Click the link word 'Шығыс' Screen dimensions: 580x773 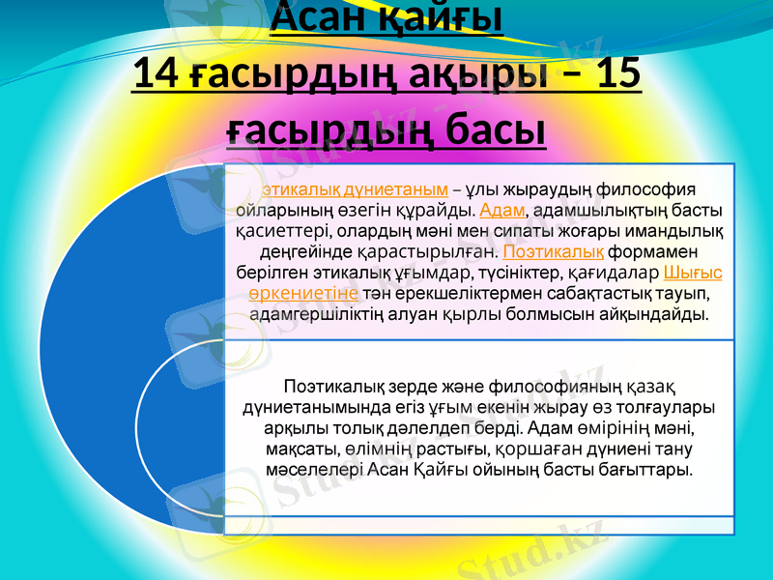click(x=694, y=273)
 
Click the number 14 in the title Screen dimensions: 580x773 click(x=153, y=74)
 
